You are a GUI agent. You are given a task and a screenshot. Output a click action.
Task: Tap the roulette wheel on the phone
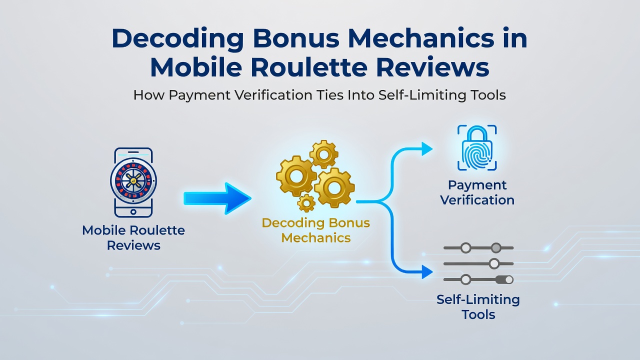pos(133,180)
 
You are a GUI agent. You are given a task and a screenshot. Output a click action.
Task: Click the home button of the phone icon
pos(133,211)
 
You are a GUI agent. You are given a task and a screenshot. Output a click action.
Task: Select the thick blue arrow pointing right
pos(217,198)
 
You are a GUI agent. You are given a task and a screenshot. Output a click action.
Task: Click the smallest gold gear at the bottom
pos(306,203)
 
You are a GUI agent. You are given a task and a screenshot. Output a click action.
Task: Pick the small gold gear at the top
pos(323,154)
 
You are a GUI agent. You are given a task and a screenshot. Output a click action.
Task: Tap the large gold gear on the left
pos(296,176)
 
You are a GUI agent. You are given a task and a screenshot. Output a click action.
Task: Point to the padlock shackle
pos(477,133)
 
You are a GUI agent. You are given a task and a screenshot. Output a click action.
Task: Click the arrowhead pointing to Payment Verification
pos(427,149)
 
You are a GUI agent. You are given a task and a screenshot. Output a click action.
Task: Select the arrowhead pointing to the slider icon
pos(427,271)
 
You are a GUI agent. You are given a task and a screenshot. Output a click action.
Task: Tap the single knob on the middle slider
pos(494,263)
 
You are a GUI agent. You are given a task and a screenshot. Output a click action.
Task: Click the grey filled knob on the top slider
pos(496,247)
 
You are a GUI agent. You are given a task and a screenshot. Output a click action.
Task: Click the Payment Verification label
pos(477,192)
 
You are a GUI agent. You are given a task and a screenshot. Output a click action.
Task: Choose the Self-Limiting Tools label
pos(478,307)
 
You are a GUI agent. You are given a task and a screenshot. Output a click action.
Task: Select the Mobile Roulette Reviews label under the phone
pos(133,237)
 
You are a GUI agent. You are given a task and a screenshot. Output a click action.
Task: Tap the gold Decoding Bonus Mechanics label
pos(315,230)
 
